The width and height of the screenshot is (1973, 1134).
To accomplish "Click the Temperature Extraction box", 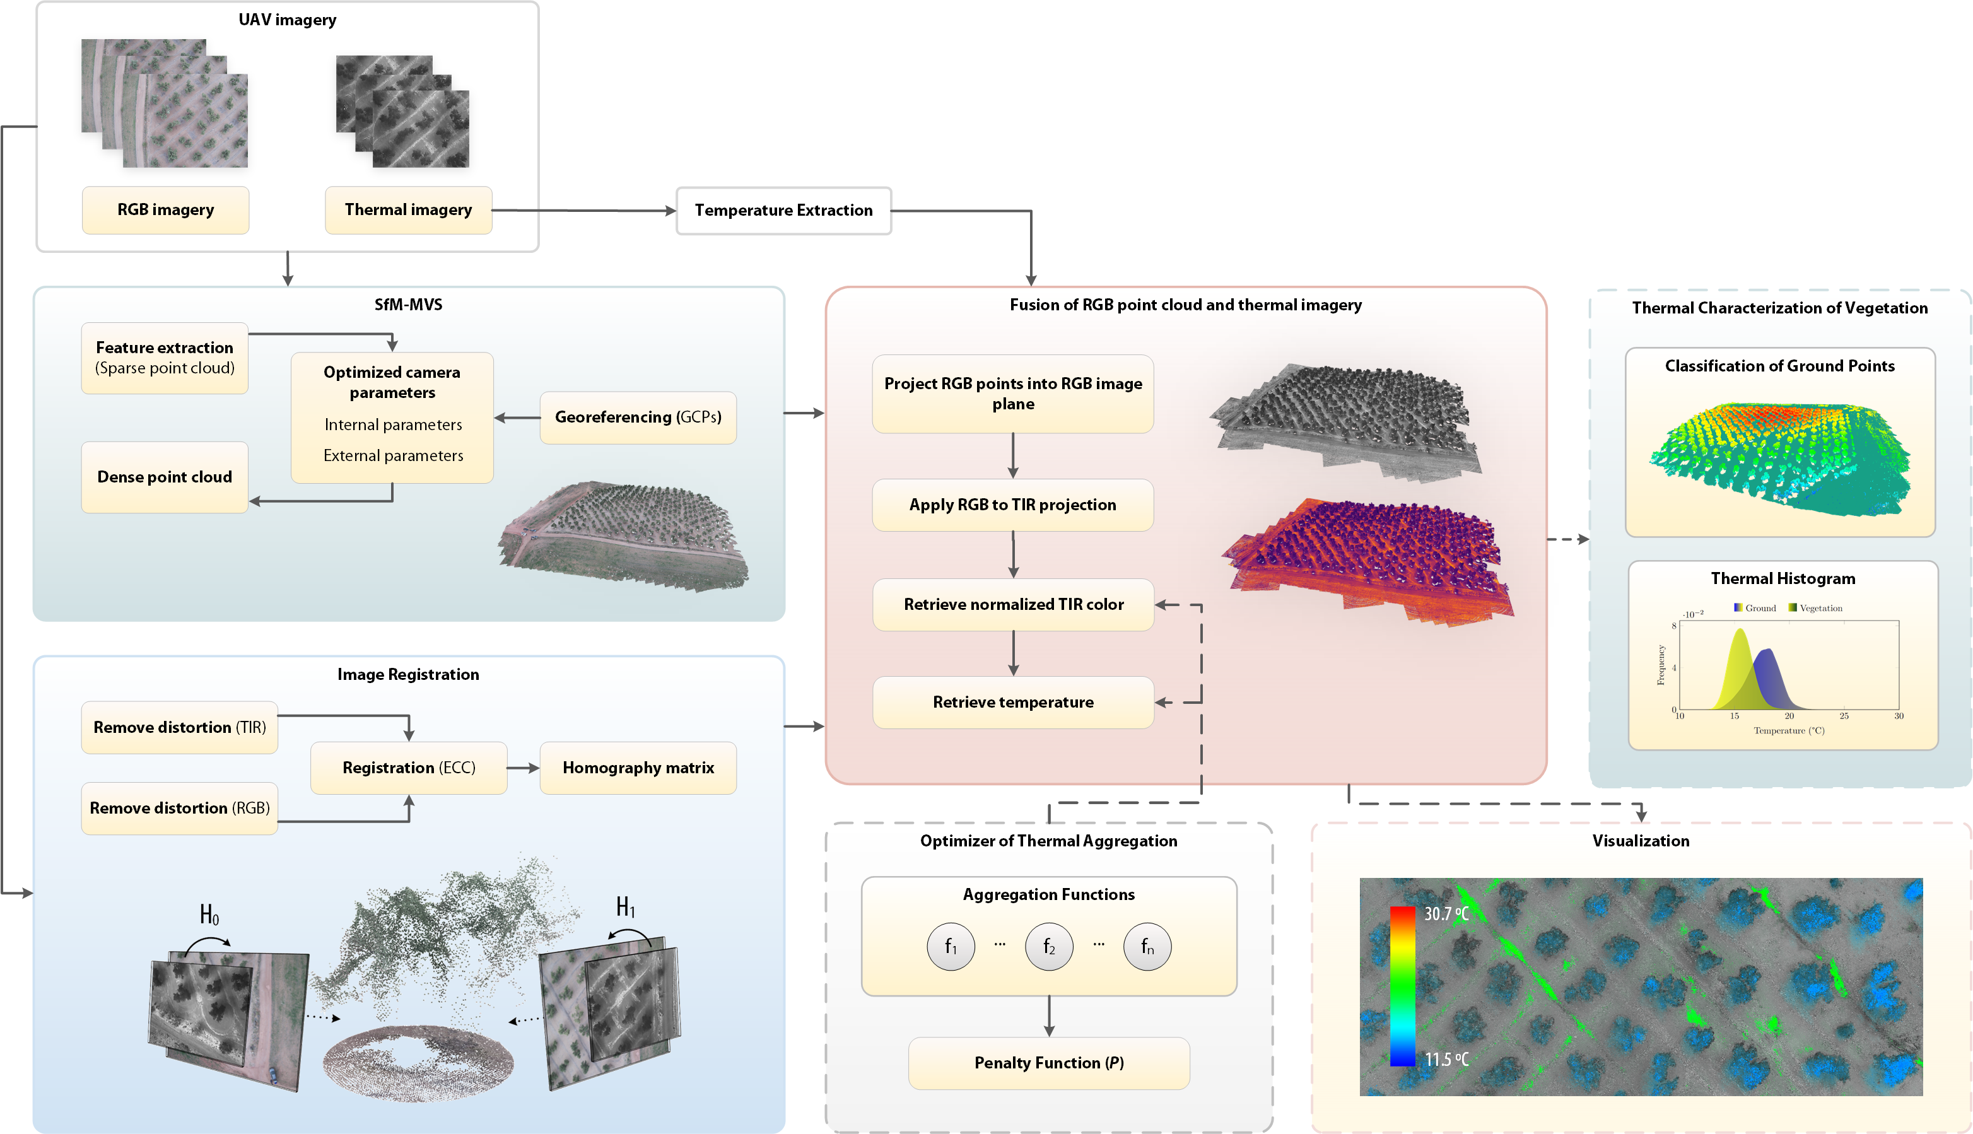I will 783,210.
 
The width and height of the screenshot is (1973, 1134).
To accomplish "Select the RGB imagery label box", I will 165,210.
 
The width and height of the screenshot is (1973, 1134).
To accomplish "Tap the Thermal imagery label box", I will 408,210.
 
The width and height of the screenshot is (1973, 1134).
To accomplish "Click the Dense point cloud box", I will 165,477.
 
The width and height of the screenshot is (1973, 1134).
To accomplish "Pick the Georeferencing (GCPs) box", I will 638,418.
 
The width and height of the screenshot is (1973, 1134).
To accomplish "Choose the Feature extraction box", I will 165,358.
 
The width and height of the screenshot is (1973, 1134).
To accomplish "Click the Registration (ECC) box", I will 408,768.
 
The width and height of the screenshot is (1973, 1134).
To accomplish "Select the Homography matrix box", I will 638,768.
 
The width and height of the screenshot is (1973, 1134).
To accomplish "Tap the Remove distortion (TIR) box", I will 179,727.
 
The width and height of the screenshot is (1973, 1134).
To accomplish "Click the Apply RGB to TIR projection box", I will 1012,505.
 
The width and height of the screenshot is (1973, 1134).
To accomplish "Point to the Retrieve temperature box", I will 1012,703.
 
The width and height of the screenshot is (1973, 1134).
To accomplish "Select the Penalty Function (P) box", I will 1048,1063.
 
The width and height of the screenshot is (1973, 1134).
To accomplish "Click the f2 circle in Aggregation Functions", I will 1048,947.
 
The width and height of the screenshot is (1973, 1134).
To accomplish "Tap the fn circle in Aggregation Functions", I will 1147,947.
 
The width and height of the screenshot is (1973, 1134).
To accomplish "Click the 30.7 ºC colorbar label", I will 1446,914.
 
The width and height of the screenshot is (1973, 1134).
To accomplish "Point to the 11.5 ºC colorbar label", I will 1446,1059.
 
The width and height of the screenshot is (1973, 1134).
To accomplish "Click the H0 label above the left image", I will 209,915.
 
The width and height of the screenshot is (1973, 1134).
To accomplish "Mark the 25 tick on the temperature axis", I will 1844,716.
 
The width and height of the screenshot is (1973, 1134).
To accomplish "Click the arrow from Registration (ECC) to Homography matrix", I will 524,768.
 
